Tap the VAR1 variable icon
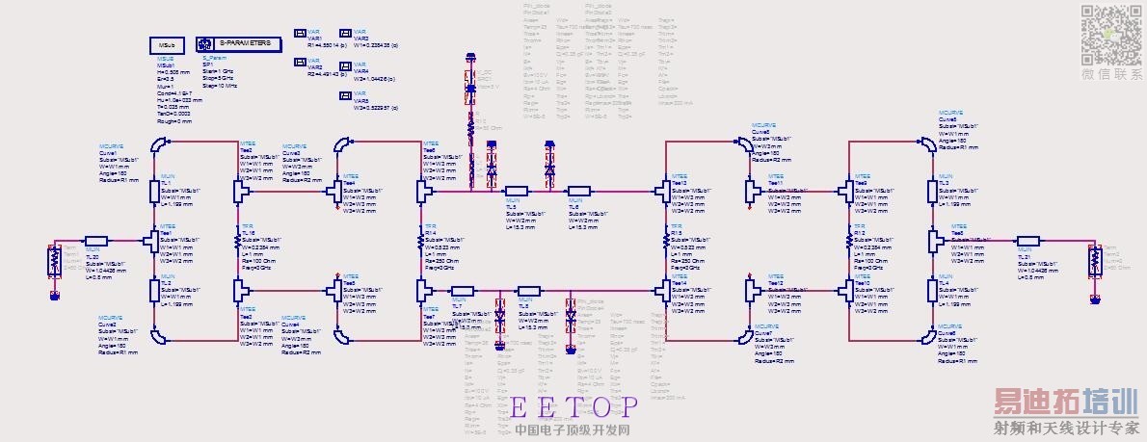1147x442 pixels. click(x=301, y=34)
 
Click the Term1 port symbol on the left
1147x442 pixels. click(x=53, y=260)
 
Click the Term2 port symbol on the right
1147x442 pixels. click(x=1094, y=260)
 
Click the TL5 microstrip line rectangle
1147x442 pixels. click(x=517, y=191)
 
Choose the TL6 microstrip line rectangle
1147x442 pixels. click(x=578, y=191)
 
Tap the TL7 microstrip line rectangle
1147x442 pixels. click(x=463, y=289)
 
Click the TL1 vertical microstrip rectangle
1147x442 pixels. click(x=154, y=191)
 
